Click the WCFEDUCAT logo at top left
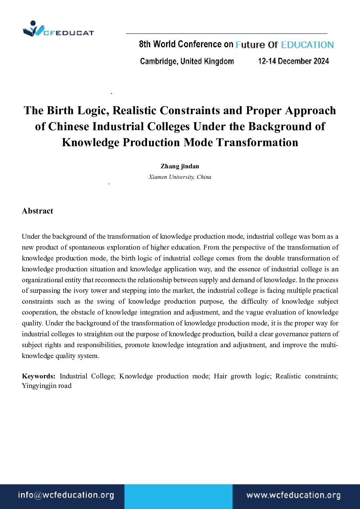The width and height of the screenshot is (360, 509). coord(58,29)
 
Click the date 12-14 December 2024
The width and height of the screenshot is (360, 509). coord(293,61)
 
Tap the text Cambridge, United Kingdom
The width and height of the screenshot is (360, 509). coord(187,61)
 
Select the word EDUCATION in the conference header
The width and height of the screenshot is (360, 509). coord(307,45)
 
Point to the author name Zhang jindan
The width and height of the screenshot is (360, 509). coord(180,166)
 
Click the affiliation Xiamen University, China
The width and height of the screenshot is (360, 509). coord(180,177)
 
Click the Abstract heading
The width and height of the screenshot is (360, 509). coord(37,211)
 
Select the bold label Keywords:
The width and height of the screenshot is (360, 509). coord(38,376)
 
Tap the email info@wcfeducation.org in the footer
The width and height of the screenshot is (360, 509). coord(66,495)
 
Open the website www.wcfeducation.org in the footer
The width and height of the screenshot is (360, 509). coord(293,495)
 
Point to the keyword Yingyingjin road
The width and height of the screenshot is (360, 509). coord(47,386)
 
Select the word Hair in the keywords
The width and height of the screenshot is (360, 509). coord(220,376)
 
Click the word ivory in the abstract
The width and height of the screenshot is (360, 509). coord(81,290)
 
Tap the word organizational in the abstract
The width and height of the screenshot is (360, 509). coord(43,280)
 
